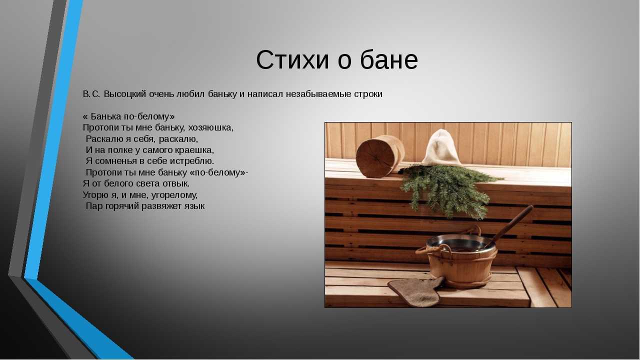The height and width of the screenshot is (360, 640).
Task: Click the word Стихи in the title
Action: tap(292, 60)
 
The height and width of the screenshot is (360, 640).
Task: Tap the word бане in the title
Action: tap(389, 59)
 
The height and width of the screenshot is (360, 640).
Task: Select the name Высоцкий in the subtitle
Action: tap(125, 94)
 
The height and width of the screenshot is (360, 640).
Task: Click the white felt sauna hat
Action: tap(441, 147)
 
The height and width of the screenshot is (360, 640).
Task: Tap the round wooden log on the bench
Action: tap(379, 156)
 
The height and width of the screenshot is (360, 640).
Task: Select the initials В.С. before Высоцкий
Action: tap(91, 94)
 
